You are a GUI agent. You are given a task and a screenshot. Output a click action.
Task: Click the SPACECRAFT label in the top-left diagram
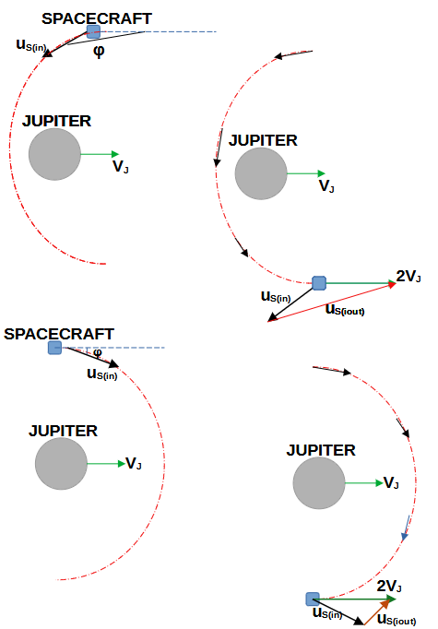point(97,18)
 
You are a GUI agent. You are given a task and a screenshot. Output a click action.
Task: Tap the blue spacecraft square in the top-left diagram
point(93,31)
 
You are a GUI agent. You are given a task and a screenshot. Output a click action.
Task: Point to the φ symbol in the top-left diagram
point(99,51)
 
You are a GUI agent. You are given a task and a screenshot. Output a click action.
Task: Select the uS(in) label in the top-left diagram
point(31,45)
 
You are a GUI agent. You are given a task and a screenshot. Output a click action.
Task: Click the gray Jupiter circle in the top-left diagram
point(54,154)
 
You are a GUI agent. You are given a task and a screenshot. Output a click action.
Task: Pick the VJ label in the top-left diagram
point(120,167)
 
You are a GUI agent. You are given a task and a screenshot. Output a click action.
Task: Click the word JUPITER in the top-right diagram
point(263,140)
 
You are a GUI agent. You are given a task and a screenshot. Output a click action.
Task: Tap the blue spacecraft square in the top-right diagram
point(319,283)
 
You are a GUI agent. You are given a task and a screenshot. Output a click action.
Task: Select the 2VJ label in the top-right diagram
point(408,277)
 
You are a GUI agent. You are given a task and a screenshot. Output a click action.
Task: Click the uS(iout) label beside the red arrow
point(345,309)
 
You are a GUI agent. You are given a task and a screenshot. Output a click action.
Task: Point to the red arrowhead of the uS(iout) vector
point(392,284)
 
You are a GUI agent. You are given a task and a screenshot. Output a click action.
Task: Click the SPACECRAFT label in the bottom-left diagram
point(59,334)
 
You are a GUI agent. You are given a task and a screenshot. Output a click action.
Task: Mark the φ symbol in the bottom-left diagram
point(97,352)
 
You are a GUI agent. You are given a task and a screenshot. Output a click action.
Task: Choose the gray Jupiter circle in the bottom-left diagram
point(61,463)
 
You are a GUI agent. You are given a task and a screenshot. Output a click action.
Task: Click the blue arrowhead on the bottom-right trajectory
point(405,536)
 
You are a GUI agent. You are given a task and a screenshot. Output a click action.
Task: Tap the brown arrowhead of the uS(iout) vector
point(385,603)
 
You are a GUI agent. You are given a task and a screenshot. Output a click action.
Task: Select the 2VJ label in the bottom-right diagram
point(389,586)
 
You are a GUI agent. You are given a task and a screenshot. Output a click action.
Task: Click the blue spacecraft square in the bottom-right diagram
point(313,599)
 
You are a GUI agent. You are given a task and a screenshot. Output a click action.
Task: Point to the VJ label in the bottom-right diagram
point(391,483)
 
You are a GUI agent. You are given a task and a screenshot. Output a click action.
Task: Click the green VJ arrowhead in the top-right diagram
point(321,173)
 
